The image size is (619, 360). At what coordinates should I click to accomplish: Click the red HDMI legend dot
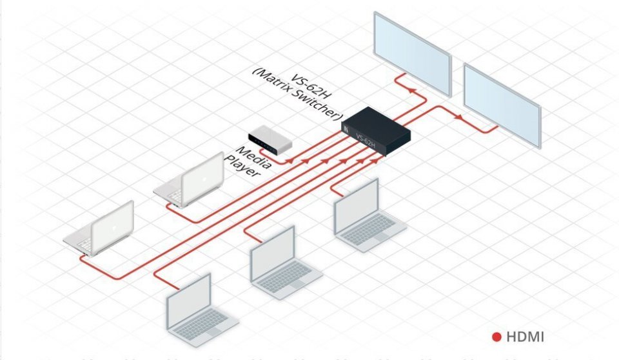pyautogui.click(x=496, y=336)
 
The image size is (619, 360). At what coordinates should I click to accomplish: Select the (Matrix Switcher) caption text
pyautogui.click(x=295, y=97)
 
